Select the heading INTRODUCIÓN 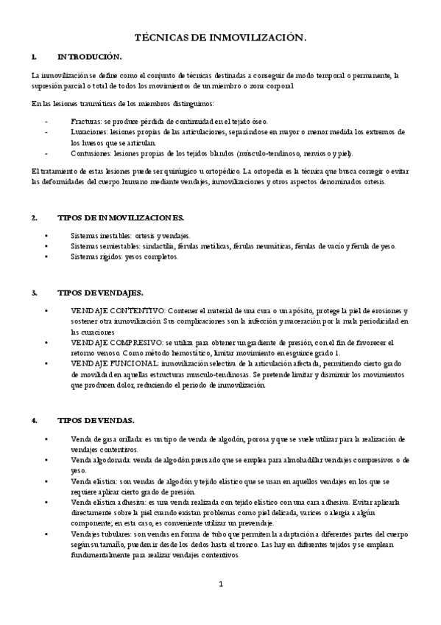coord(89,56)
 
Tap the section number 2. coord(35,218)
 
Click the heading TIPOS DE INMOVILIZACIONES coord(120,218)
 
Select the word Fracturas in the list coord(86,121)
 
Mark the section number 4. coord(35,420)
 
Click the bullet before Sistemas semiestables coord(46,246)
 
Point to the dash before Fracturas coord(47,121)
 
